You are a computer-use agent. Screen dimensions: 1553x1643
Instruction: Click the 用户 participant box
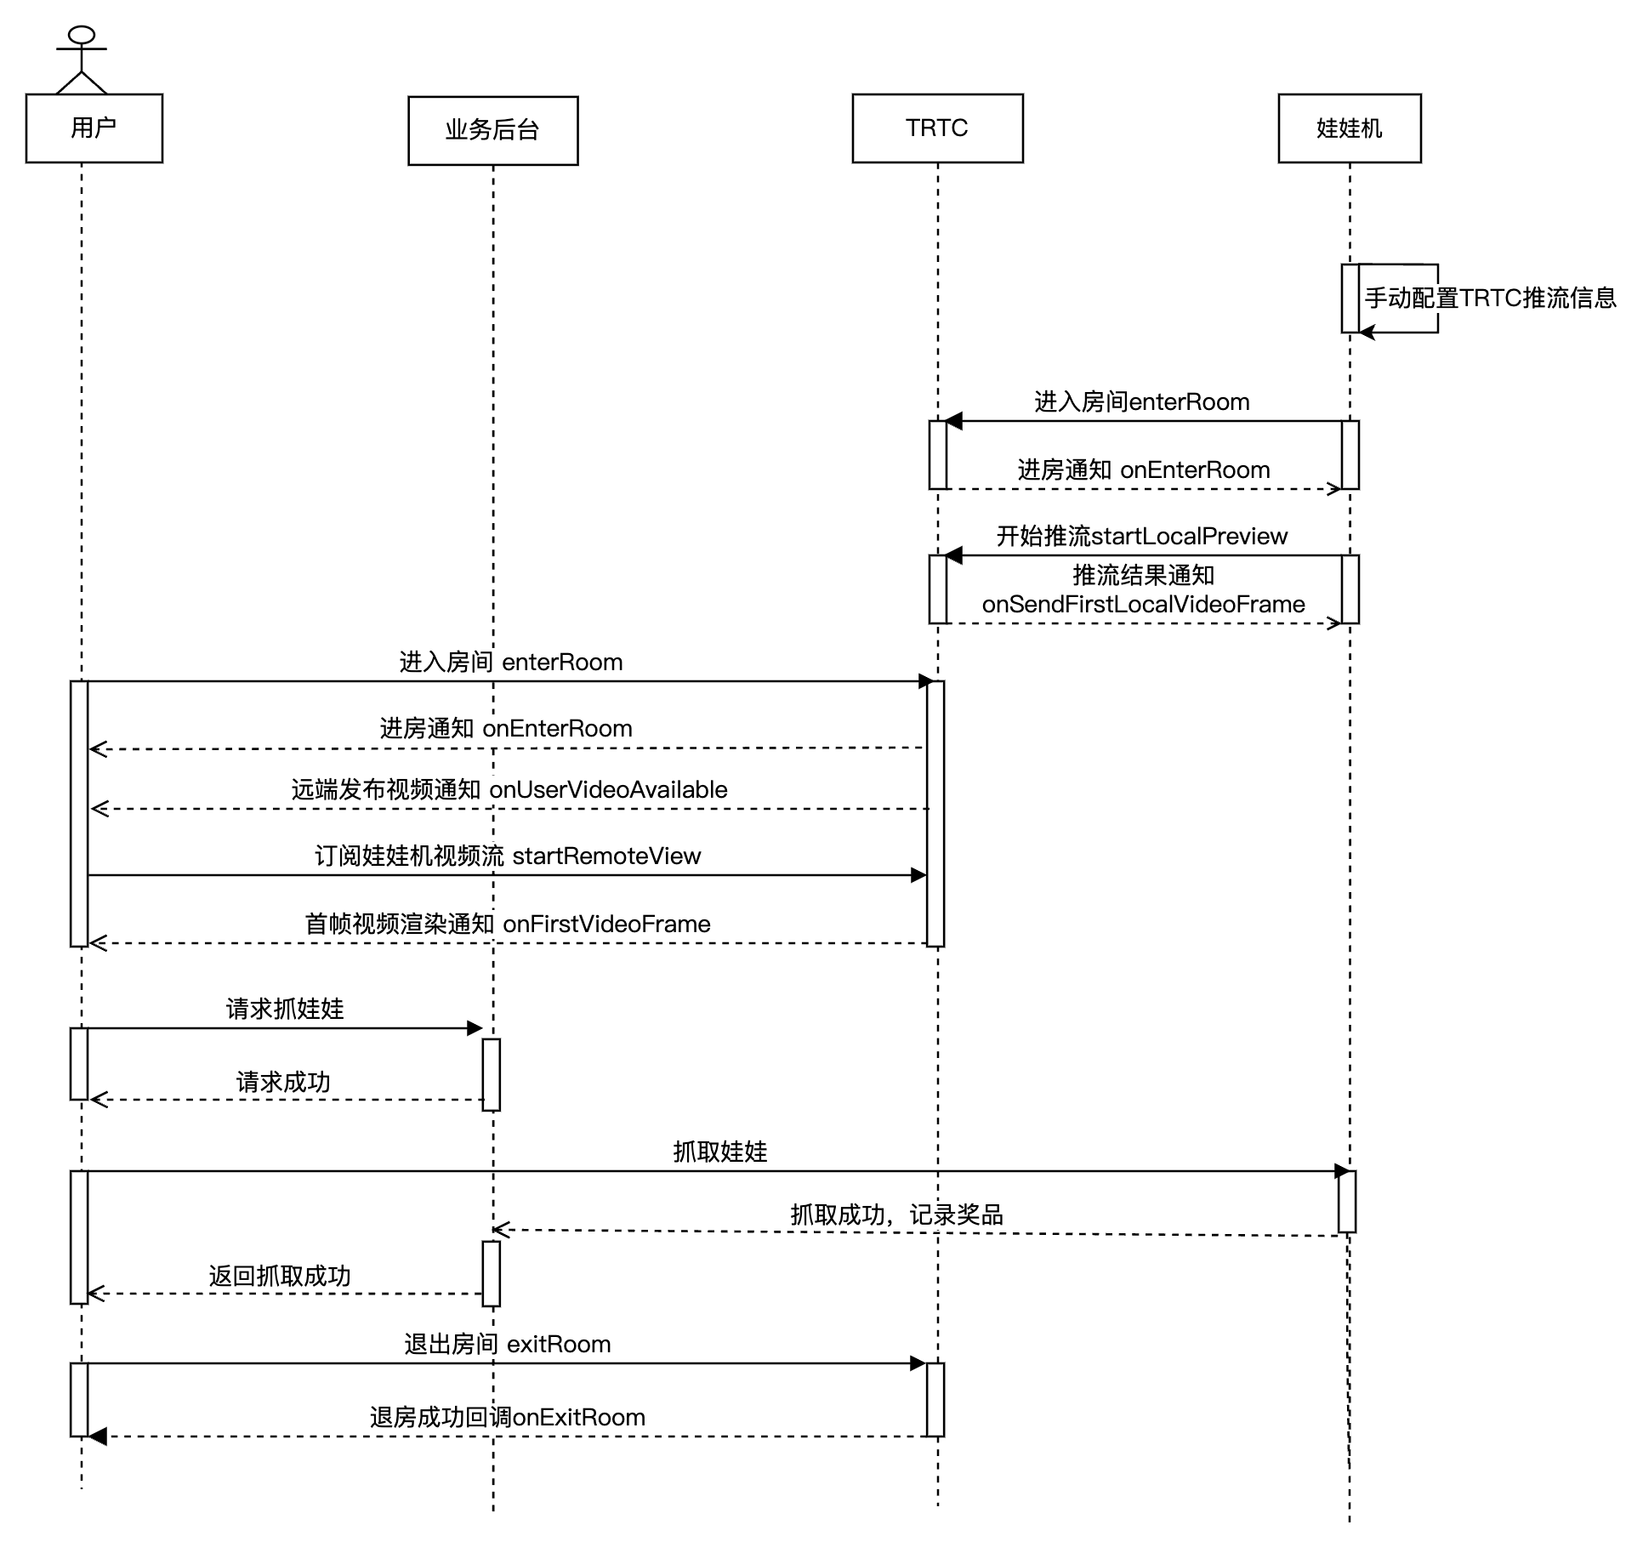click(94, 128)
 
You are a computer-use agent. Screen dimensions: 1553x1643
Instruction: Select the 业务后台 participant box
click(493, 130)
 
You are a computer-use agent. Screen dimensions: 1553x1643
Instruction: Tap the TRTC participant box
click(937, 128)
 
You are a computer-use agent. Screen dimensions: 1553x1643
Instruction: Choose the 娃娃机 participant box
click(1350, 128)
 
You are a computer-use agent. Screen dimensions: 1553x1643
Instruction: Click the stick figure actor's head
click(82, 35)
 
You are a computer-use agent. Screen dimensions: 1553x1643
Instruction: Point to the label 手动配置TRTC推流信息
click(1490, 299)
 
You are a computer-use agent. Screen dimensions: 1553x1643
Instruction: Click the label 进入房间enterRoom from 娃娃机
click(1142, 402)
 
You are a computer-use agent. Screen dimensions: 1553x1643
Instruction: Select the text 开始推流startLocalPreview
click(1142, 537)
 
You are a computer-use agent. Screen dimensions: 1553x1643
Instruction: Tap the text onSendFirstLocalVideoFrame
click(1143, 605)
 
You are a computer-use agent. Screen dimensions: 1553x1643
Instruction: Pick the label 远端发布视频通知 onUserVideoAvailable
click(509, 790)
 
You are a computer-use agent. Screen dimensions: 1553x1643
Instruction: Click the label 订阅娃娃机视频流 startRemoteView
click(508, 856)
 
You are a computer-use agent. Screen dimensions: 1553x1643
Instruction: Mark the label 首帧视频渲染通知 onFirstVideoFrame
click(508, 924)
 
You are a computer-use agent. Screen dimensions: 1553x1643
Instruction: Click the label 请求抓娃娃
click(285, 1010)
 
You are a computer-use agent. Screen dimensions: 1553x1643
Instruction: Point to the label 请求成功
click(283, 1083)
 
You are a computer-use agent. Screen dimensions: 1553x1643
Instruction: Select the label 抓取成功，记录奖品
click(896, 1215)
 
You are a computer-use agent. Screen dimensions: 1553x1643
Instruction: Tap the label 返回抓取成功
click(280, 1277)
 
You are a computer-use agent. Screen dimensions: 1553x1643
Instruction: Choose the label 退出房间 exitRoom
click(508, 1345)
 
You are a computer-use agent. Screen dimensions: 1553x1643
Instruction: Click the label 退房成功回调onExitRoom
click(508, 1418)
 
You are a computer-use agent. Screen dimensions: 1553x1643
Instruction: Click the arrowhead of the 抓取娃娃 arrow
click(1343, 1171)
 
